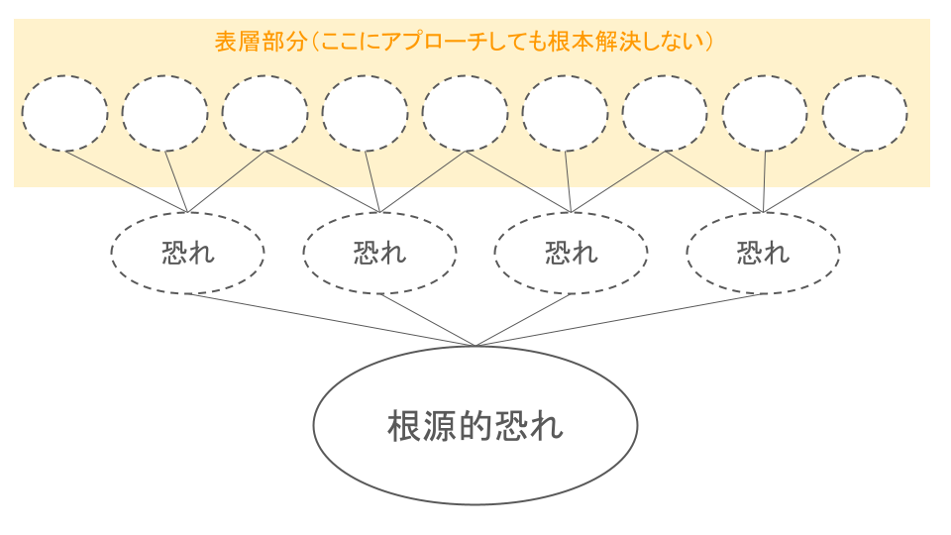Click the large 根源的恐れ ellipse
[475, 425]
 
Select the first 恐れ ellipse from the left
[187, 253]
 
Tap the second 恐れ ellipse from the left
[379, 253]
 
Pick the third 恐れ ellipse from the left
[571, 253]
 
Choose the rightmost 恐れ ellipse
[763, 253]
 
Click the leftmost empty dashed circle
[64, 113]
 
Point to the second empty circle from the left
[164, 113]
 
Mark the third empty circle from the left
[264, 113]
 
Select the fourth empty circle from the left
[365, 113]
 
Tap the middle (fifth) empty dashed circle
[465, 113]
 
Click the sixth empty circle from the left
[565, 113]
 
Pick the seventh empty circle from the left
[665, 113]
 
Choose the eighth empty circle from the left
[765, 113]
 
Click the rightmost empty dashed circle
[864, 113]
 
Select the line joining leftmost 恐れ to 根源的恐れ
[331, 320]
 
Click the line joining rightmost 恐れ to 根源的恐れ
[619, 320]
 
